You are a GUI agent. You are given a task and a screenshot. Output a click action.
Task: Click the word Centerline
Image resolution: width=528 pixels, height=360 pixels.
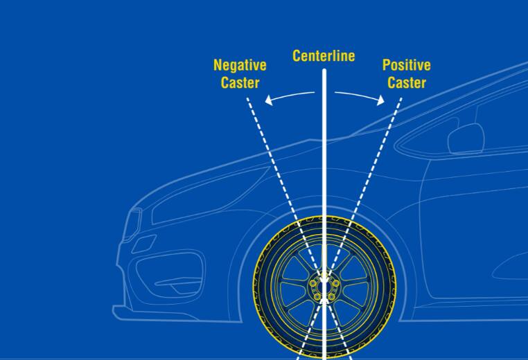pos(324,56)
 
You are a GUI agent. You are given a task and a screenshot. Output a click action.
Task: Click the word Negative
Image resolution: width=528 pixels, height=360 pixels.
pos(240,65)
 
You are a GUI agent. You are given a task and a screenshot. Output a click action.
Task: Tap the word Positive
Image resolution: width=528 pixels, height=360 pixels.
pos(407,65)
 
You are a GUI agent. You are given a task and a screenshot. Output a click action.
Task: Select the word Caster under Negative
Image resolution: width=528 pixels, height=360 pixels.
pos(240,83)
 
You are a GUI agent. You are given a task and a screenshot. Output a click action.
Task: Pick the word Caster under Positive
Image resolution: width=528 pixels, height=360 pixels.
pos(407,83)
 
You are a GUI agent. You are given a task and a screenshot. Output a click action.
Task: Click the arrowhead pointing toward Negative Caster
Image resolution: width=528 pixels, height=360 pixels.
pos(269,100)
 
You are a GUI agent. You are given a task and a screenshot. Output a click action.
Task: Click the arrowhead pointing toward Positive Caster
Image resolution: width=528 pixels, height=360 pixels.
pos(380,100)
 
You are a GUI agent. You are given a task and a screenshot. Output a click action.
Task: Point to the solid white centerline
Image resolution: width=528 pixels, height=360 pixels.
pos(324,215)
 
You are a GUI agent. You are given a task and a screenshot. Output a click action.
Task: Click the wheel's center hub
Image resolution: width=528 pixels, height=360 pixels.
pos(324,287)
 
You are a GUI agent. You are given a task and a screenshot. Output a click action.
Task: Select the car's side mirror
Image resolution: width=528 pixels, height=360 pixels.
pos(466,139)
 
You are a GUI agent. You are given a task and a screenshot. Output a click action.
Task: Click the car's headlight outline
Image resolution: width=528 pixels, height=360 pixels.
pos(132,224)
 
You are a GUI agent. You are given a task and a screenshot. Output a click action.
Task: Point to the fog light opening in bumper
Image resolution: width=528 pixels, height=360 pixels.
pos(169,273)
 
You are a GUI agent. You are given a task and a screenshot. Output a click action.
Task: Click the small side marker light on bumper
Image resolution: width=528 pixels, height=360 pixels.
pos(144,244)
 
